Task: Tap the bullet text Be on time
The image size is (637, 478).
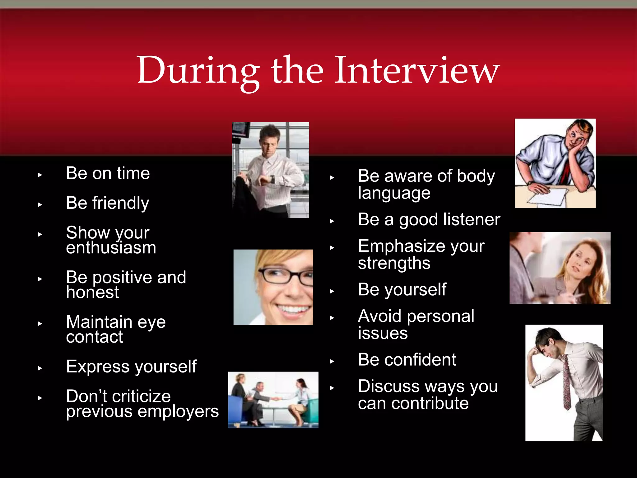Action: point(108,173)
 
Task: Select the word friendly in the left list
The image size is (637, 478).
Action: point(121,203)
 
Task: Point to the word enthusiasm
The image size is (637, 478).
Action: point(111,248)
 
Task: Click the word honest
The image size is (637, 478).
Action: point(92,293)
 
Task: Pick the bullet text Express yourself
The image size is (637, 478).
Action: point(131,367)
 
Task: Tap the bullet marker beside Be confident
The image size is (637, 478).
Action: point(332,361)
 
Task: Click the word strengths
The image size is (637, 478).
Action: point(394,263)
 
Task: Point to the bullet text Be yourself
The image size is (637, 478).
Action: point(402,290)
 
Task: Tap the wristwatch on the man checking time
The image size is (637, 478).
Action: point(272,180)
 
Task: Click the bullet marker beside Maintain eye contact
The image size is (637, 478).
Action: point(40,324)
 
